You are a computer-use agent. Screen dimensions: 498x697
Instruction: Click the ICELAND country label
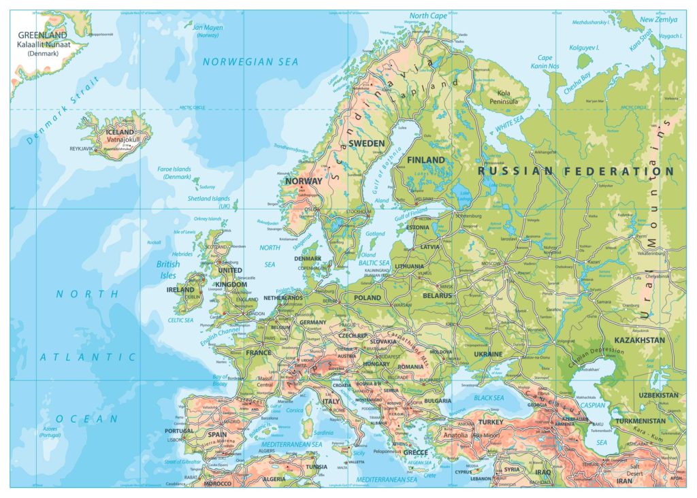point(120,132)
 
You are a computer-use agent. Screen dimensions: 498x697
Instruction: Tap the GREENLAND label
point(42,35)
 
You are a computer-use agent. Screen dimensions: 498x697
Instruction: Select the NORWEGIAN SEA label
point(250,62)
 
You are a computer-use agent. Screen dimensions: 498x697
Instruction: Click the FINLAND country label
point(425,160)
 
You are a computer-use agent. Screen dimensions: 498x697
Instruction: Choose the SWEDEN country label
point(366,144)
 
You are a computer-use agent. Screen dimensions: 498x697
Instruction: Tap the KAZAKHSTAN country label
point(639,339)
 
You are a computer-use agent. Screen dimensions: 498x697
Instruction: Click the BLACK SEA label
point(488,397)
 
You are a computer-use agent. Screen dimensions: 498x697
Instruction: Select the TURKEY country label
point(490,422)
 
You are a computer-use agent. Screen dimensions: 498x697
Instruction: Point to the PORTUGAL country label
point(180,431)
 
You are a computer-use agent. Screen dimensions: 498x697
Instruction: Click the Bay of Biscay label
point(220,381)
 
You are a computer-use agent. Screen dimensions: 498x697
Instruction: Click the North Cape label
point(428,16)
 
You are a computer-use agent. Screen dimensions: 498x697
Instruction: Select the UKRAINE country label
point(487,354)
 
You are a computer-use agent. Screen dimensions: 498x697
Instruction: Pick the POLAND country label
point(368,298)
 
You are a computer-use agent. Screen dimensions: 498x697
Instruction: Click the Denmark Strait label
point(61,113)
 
